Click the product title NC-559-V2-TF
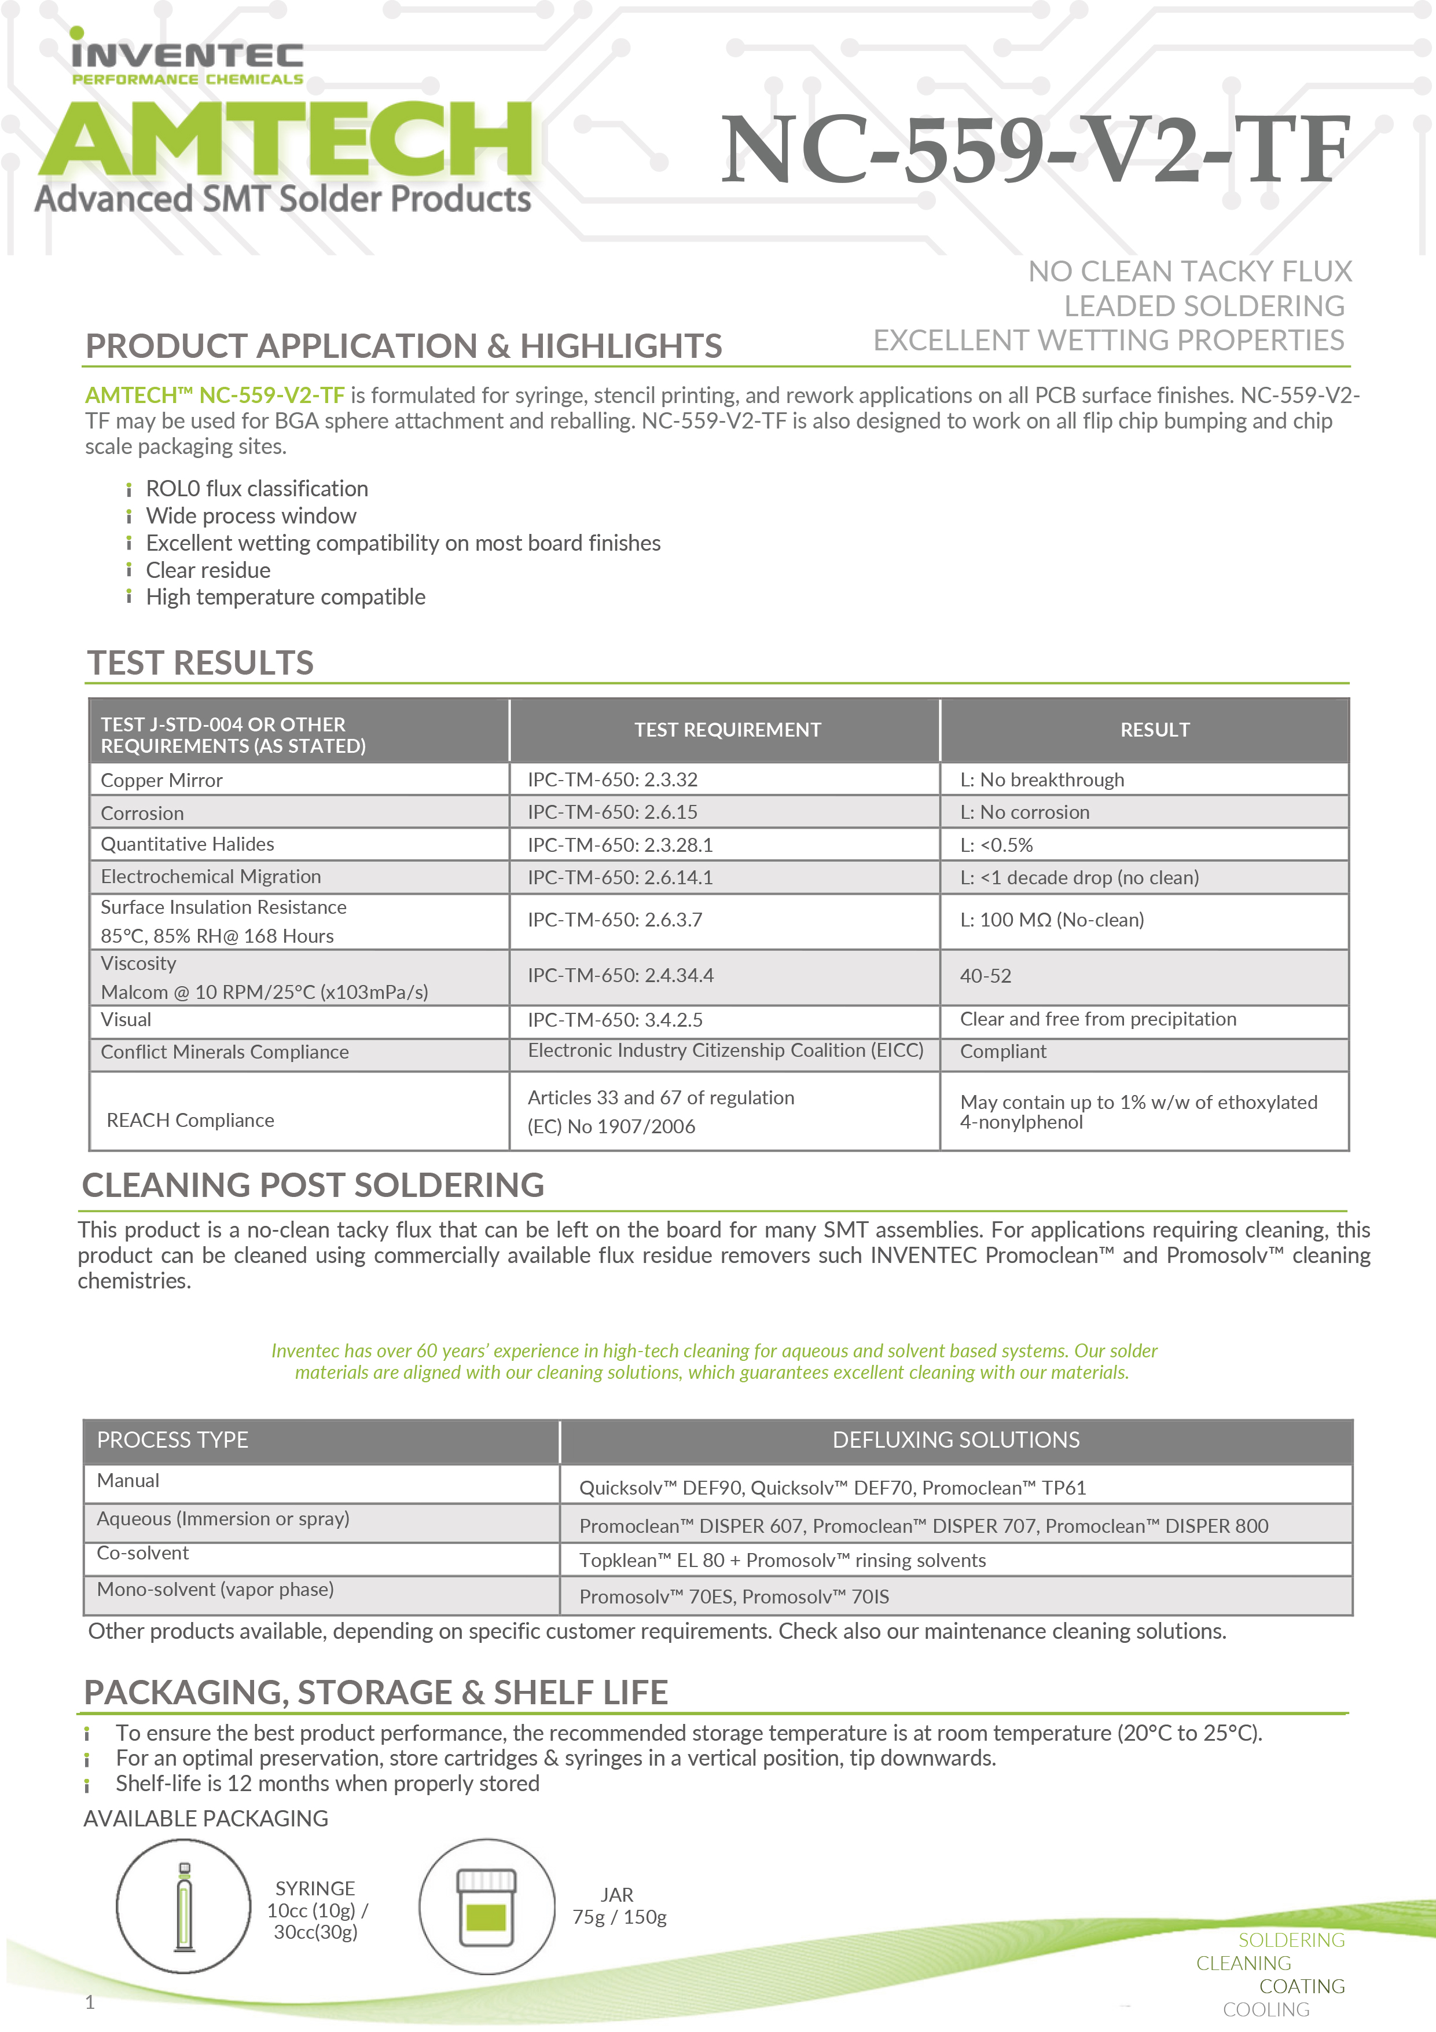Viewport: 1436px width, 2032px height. [x=1035, y=151]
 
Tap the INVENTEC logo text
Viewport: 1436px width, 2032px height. [x=188, y=56]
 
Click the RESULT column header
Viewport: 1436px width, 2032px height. [x=1155, y=730]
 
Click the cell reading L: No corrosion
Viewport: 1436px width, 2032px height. [x=1024, y=812]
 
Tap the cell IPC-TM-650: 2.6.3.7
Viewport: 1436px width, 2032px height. [x=615, y=920]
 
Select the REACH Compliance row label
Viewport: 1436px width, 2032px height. [x=190, y=1121]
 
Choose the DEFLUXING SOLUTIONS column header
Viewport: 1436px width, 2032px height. [x=956, y=1440]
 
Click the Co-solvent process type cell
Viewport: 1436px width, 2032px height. [x=142, y=1553]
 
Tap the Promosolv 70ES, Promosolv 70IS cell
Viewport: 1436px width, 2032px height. [x=733, y=1597]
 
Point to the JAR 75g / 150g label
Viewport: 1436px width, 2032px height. [x=619, y=1905]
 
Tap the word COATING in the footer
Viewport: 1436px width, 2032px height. [x=1302, y=1986]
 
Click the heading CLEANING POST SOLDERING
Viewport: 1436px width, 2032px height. [x=313, y=1185]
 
